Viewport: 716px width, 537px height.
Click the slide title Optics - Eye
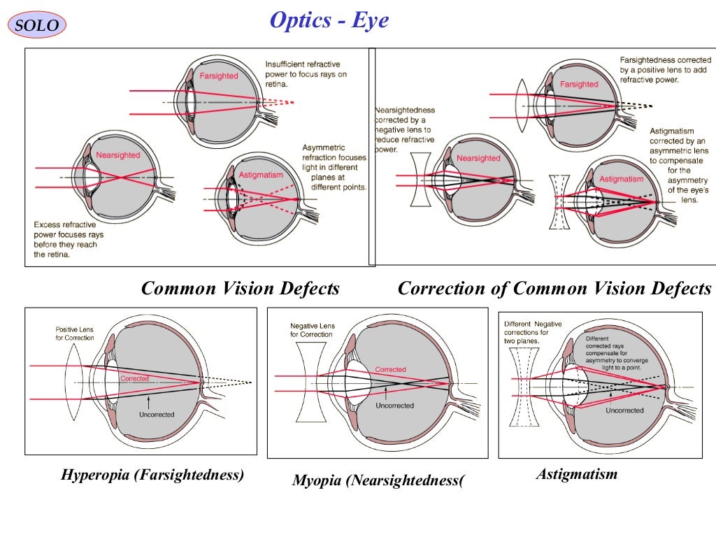[329, 20]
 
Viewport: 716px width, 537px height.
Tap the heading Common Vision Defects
[240, 288]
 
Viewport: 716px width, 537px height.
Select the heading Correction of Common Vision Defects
[554, 288]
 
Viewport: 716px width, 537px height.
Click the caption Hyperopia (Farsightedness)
[152, 475]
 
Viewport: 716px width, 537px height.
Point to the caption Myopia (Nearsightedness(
[378, 480]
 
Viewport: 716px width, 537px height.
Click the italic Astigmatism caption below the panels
[577, 474]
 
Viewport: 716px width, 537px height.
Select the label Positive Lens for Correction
[75, 334]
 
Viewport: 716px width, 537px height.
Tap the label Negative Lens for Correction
[312, 330]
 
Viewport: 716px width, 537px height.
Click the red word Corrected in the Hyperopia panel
[134, 378]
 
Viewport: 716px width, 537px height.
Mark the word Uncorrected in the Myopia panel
[394, 406]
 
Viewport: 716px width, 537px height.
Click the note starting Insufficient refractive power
[306, 74]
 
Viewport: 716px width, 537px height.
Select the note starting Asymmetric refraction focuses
[334, 168]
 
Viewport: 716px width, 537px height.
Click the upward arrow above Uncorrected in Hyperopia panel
[149, 402]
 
